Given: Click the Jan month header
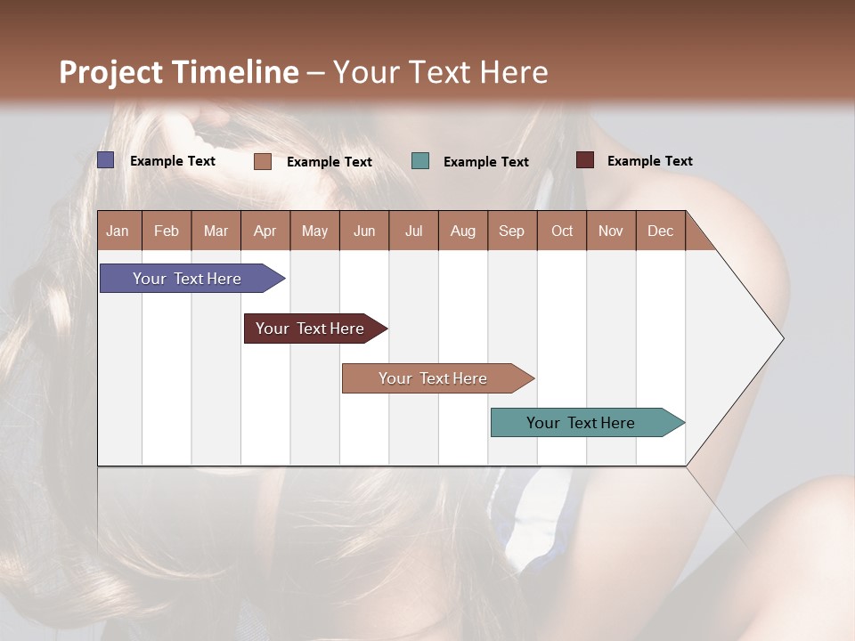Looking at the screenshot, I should [x=118, y=231].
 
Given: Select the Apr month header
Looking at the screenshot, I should [x=265, y=231].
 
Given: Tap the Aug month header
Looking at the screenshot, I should [x=463, y=231].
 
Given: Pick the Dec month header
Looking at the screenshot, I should [x=660, y=231].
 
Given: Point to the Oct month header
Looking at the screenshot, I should [x=562, y=231].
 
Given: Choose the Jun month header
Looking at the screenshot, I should [x=364, y=231].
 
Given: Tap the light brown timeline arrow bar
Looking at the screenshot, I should [x=434, y=378].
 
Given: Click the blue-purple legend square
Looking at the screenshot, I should [x=106, y=160].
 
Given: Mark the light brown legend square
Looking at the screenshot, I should [x=263, y=161].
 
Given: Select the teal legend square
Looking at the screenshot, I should [x=420, y=161].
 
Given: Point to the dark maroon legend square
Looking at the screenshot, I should [x=585, y=160].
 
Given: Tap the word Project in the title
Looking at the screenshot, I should [x=111, y=72].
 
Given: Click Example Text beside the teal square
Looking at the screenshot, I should [x=486, y=162].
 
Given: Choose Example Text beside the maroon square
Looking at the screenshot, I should [x=650, y=161].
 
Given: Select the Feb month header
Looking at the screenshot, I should [x=167, y=231].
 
